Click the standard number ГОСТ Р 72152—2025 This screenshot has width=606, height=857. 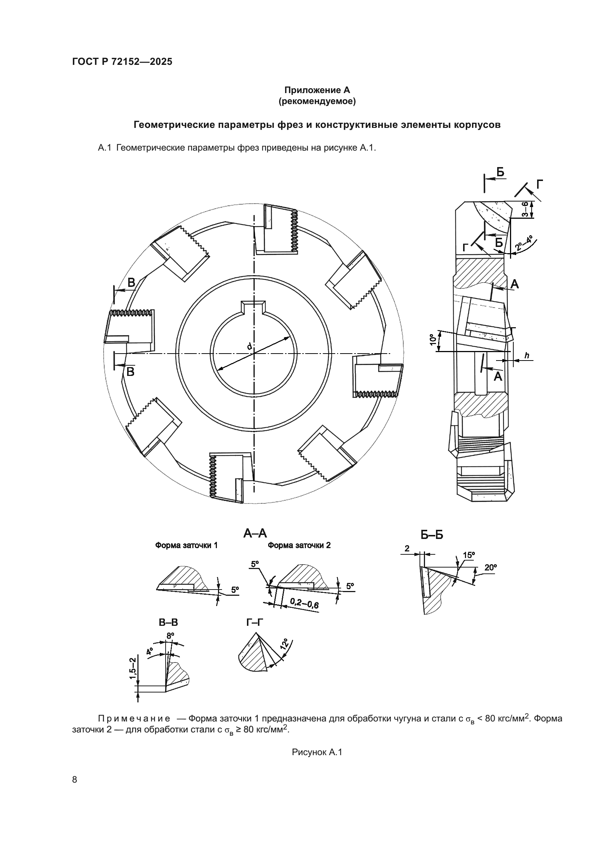click(122, 62)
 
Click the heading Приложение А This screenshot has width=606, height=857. click(317, 90)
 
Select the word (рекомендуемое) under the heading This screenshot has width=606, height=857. click(317, 101)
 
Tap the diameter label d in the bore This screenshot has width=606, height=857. click(249, 346)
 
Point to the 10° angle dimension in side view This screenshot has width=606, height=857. click(433, 340)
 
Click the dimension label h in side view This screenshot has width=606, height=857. click(527, 356)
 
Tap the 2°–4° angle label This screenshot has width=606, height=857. click(524, 243)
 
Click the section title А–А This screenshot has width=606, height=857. click(255, 533)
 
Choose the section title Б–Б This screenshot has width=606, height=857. click(432, 535)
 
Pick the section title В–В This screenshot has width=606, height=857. click(168, 623)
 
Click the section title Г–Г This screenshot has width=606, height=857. click(255, 623)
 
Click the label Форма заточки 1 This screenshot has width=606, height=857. click(186, 545)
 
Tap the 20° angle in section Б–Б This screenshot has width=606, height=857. click(490, 568)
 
